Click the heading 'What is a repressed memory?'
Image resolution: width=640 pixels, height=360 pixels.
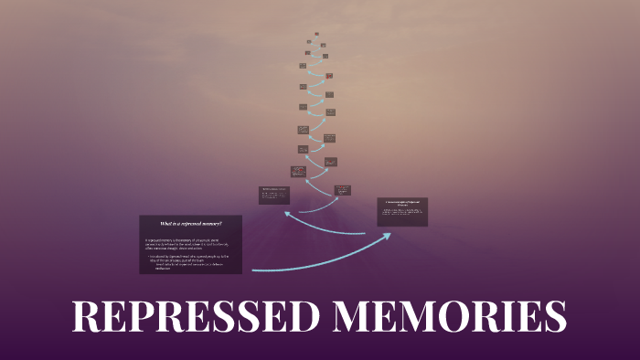[x=190, y=224]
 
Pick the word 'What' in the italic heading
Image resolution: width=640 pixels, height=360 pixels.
[x=166, y=224]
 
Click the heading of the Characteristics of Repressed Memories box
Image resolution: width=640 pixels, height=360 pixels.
[x=402, y=203]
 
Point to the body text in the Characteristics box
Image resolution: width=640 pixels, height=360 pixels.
[x=402, y=215]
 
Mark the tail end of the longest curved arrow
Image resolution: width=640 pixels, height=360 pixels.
[x=254, y=270]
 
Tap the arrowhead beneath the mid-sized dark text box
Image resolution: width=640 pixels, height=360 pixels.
[x=288, y=214]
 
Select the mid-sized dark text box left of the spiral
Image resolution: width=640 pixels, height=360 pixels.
[x=274, y=195]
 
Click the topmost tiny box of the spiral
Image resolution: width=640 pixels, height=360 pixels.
[x=317, y=35]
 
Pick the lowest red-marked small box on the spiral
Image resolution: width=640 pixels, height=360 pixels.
[x=342, y=190]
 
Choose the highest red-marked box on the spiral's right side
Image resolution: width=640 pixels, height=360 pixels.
[x=329, y=76]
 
